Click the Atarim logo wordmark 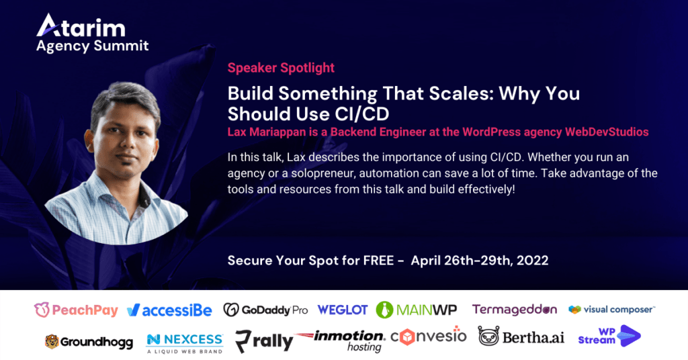(x=81, y=26)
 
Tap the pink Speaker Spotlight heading (x=281, y=68)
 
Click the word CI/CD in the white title (x=362, y=114)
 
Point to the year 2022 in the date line (x=532, y=261)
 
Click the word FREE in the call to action (x=379, y=261)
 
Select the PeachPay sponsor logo (x=77, y=310)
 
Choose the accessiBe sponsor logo (x=169, y=310)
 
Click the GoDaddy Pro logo (x=265, y=310)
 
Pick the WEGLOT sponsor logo (x=343, y=310)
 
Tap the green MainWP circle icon (x=384, y=310)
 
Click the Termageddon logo (x=515, y=310)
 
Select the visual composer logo (x=611, y=310)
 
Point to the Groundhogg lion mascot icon (x=52, y=342)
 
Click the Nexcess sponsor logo (x=185, y=343)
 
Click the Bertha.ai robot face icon (x=489, y=336)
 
